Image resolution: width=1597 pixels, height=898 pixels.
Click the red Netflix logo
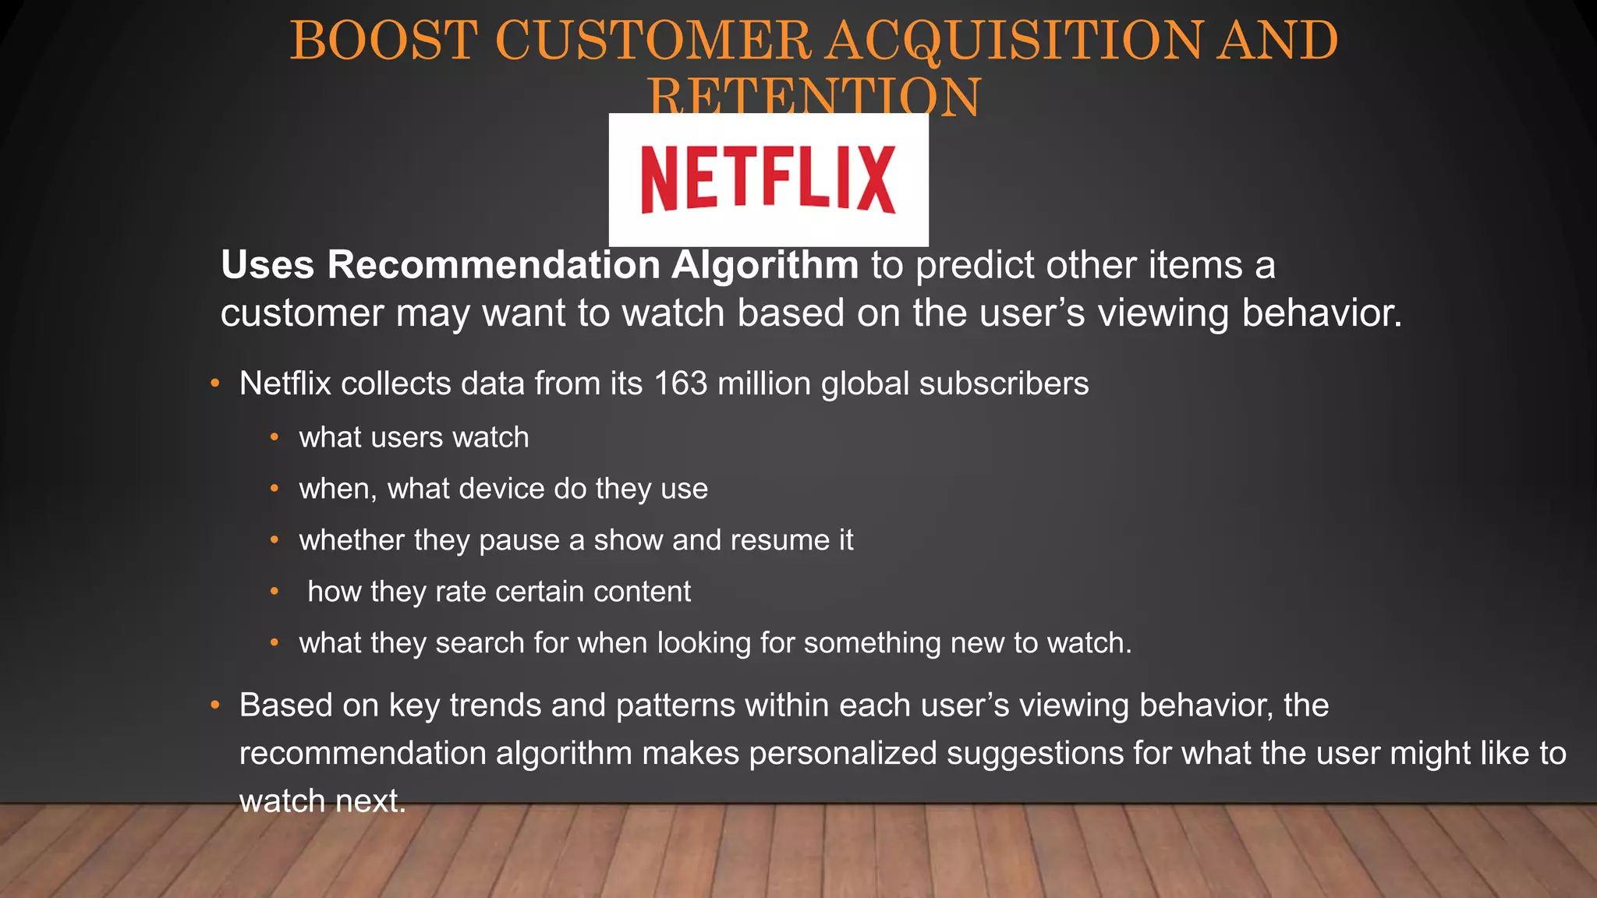coord(768,179)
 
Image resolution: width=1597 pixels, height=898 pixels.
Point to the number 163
coord(681,384)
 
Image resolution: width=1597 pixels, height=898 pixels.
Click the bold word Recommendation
coord(494,265)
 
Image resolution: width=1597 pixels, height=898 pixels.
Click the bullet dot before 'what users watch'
coord(274,437)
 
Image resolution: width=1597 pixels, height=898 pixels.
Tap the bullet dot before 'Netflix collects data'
coord(215,383)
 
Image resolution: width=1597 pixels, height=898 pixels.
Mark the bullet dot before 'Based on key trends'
coord(215,705)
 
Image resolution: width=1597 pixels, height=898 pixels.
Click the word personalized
coord(843,753)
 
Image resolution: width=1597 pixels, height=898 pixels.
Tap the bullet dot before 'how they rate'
coord(274,592)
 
